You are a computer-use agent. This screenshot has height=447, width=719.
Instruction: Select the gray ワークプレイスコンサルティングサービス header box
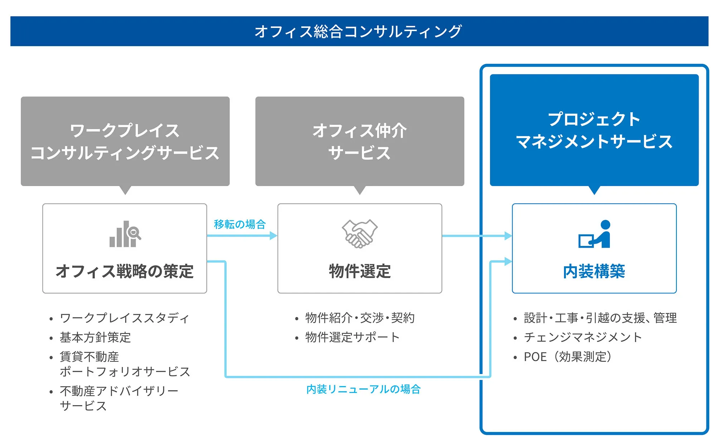(x=125, y=141)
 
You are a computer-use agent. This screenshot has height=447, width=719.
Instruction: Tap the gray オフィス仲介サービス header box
(x=359, y=141)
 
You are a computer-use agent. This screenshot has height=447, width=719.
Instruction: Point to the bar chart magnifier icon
(x=125, y=234)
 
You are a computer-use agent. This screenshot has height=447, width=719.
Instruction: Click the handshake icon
(x=359, y=234)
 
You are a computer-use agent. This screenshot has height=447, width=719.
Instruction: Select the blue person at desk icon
(x=594, y=234)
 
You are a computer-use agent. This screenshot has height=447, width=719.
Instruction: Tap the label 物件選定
(x=360, y=271)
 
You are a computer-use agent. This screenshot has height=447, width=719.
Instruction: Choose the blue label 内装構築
(x=594, y=271)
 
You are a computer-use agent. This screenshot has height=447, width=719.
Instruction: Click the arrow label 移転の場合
(x=240, y=224)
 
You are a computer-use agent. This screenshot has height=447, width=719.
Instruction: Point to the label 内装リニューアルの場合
(x=363, y=389)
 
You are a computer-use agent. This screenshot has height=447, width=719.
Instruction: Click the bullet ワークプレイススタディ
(x=124, y=318)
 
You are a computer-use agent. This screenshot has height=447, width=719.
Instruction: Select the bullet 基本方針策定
(x=95, y=337)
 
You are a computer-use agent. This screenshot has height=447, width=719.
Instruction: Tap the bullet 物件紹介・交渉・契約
(x=360, y=318)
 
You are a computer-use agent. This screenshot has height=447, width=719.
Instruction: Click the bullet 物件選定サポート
(x=352, y=337)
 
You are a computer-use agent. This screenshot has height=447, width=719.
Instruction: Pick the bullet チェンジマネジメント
(x=583, y=337)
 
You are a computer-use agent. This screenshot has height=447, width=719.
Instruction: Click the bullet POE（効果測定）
(x=568, y=357)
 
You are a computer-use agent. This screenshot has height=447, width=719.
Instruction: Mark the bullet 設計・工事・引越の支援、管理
(x=600, y=318)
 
